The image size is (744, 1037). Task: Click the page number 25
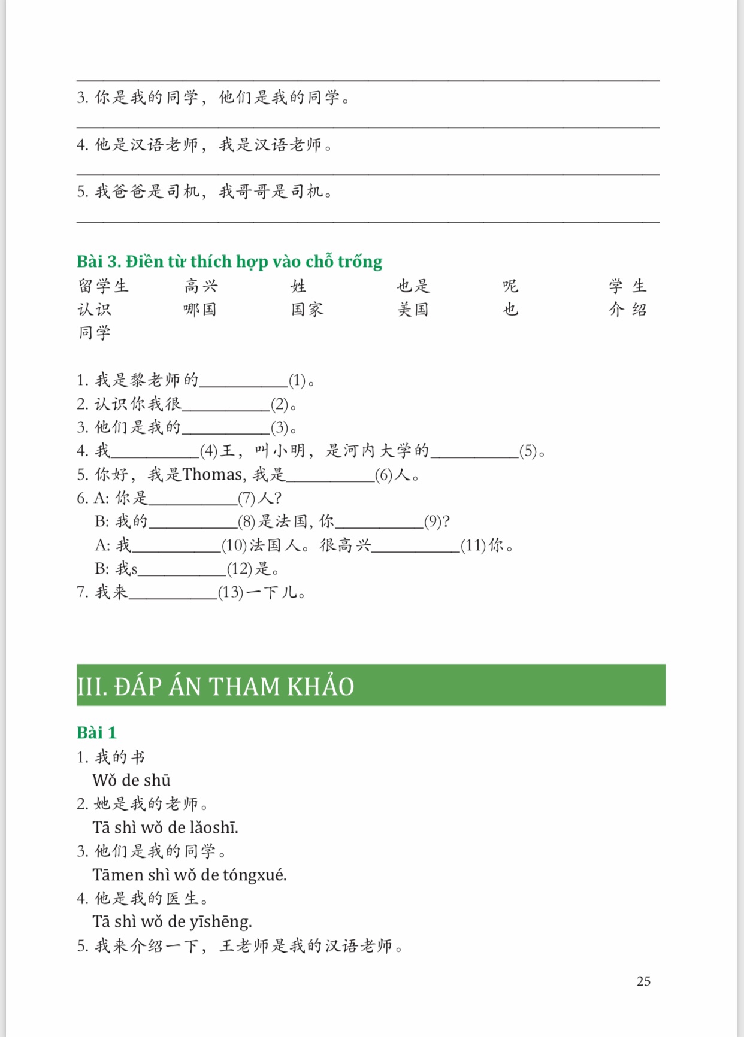point(643,981)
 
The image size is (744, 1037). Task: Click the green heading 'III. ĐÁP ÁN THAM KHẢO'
point(216,686)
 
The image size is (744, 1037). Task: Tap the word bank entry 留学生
point(103,286)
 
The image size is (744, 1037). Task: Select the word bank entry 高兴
point(201,286)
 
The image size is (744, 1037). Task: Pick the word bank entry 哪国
point(199,310)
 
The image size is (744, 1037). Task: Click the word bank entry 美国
point(413,310)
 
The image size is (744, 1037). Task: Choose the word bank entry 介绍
point(628,310)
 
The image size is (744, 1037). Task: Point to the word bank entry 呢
point(510,286)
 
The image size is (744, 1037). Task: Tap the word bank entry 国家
point(307,310)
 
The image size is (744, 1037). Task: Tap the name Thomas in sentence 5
point(213,475)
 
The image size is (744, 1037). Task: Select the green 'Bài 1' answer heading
point(96,732)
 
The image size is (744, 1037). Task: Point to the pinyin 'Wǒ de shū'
point(131,780)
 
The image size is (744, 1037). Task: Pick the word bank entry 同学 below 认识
point(95,332)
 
